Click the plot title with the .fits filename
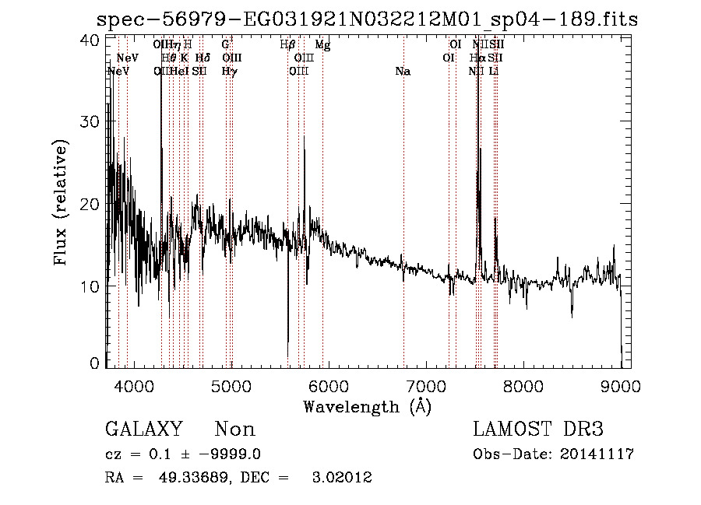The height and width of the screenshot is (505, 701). (366, 19)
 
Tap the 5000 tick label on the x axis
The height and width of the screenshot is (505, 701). (231, 386)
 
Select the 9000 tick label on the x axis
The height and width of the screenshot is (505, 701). (621, 386)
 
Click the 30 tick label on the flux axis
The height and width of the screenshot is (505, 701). (91, 122)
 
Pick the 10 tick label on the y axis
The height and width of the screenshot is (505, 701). (91, 286)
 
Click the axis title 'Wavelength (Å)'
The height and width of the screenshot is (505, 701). (367, 406)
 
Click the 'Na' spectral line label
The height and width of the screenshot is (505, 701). (403, 72)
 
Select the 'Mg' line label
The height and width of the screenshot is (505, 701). (322, 45)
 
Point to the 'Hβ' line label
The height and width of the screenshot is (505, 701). (287, 45)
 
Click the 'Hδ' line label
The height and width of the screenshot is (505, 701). (203, 58)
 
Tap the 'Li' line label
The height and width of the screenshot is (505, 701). (494, 72)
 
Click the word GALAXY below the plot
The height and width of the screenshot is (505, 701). (143, 430)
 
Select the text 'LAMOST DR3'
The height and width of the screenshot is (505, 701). (538, 430)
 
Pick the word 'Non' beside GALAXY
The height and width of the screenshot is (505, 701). (235, 430)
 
